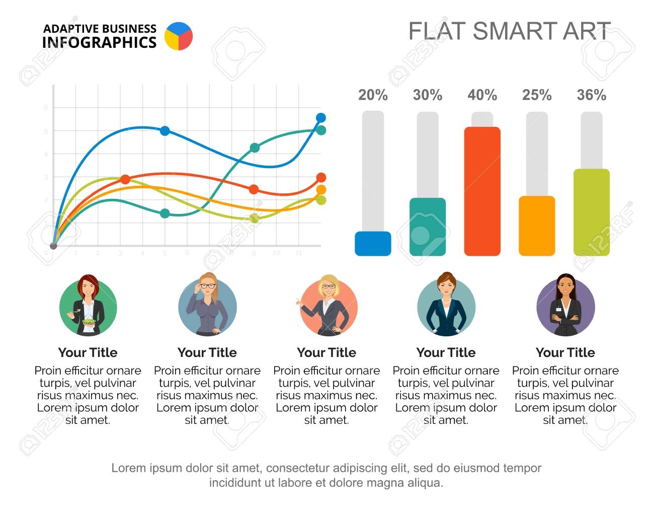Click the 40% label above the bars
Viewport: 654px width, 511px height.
(482, 95)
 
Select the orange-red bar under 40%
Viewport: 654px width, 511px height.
(482, 191)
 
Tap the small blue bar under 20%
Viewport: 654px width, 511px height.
(373, 244)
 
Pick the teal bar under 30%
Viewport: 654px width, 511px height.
(428, 227)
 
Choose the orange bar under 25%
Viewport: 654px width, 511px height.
(537, 226)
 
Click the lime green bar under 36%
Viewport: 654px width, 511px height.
(592, 212)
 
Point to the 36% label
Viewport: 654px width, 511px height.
(591, 95)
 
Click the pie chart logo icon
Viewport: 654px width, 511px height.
(179, 36)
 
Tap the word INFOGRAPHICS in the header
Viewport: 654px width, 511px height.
(99, 43)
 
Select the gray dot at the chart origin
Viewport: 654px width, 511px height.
(54, 246)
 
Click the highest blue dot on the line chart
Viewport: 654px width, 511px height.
(321, 118)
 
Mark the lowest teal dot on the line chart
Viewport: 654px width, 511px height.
(165, 213)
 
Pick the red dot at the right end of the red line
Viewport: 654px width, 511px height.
(321, 177)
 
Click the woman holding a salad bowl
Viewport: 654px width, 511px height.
(88, 305)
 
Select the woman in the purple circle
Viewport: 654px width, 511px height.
(565, 306)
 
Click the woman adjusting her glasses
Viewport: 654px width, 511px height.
(207, 305)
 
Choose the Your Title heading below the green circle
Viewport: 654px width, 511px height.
(88, 352)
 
